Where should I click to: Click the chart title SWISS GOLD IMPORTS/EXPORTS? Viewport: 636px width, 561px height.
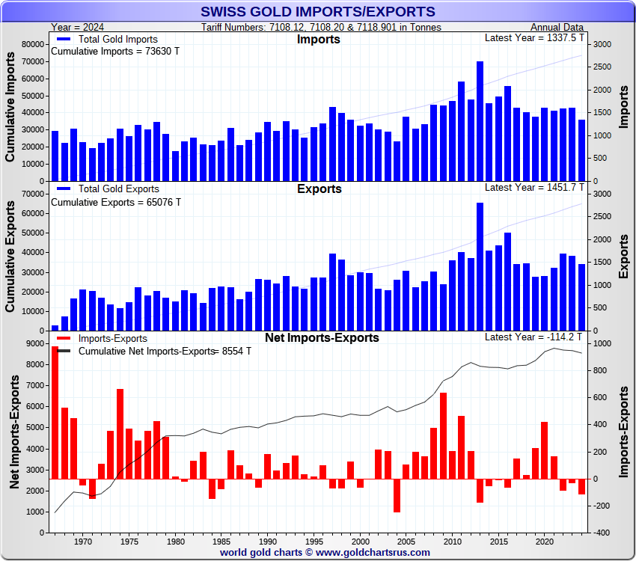coord(318,11)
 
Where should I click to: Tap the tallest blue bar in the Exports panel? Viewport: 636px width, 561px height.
coord(480,266)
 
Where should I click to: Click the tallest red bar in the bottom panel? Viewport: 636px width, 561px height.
coord(55,412)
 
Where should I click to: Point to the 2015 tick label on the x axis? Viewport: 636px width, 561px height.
coord(498,541)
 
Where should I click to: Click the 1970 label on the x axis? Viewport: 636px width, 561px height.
coord(83,541)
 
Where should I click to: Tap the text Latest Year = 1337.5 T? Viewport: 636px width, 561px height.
coord(534,38)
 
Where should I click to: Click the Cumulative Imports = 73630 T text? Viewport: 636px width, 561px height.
coord(115,52)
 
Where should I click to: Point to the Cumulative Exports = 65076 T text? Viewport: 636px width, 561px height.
coord(115,202)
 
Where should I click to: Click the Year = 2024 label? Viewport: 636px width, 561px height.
coord(79,28)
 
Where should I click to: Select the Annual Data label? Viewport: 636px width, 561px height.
coord(557,28)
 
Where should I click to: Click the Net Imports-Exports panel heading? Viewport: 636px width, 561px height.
coord(322,337)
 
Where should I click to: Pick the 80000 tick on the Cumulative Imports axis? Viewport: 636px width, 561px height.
coord(32,45)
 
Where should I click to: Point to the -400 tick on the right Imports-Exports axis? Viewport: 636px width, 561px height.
coord(603,533)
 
